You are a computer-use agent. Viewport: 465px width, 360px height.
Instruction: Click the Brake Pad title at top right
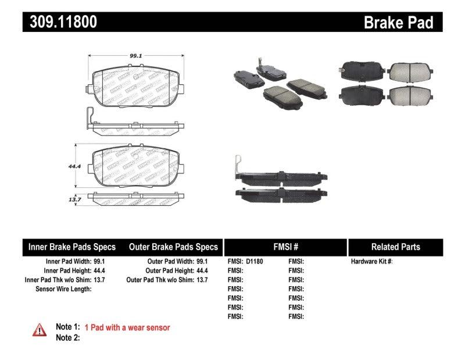tap(398, 23)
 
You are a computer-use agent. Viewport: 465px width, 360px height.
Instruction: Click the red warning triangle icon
tap(38, 330)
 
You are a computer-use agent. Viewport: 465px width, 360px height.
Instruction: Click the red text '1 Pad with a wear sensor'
tap(127, 327)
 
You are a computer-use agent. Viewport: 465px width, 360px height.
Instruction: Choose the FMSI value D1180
tap(254, 262)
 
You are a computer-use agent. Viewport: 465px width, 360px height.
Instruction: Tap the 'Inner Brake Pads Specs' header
tap(72, 247)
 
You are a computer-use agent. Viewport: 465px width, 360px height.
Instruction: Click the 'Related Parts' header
tap(395, 247)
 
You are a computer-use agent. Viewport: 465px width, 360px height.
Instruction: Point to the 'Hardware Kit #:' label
tap(372, 262)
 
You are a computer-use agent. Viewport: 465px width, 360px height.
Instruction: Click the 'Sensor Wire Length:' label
tap(63, 289)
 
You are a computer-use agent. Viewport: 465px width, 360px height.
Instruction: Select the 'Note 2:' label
tap(67, 338)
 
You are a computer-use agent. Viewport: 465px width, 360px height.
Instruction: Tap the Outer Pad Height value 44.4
tap(202, 270)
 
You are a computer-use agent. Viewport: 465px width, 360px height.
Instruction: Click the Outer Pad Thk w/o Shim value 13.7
tap(202, 280)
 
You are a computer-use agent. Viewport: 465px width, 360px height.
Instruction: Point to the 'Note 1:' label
tap(67, 327)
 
